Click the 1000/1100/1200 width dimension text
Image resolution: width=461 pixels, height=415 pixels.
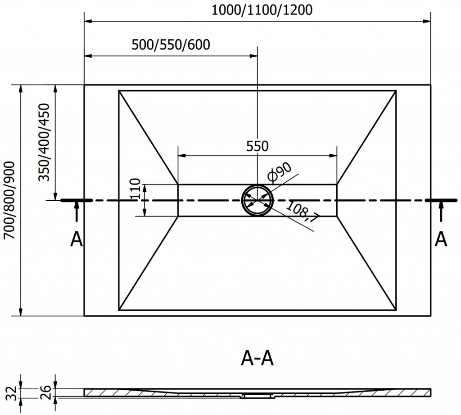262,9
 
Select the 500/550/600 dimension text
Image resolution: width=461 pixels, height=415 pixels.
171,45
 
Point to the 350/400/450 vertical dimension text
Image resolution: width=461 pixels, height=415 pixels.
45,142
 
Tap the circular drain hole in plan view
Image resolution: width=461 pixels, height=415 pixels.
257,200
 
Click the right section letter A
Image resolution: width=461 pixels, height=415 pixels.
441,240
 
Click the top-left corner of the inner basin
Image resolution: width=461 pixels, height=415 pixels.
119,91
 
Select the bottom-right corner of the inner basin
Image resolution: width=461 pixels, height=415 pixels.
396,310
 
